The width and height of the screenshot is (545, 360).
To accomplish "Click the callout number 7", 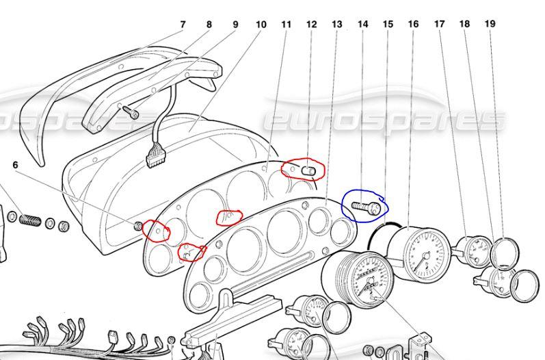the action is click(x=183, y=25).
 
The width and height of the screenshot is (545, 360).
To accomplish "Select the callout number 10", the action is click(x=261, y=25).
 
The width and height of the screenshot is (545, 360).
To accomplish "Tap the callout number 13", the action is click(x=337, y=25).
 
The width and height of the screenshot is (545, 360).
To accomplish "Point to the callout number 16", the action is click(x=413, y=24).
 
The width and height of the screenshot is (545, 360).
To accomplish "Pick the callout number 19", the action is click(x=490, y=24).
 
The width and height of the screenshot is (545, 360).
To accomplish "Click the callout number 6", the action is click(x=15, y=165).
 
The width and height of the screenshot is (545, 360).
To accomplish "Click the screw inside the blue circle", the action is click(x=366, y=207).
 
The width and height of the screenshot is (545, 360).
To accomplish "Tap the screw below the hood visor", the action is click(x=130, y=112).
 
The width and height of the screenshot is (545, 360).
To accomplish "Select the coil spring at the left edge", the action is click(x=29, y=220).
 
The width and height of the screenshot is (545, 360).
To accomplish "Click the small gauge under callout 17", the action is click(x=475, y=251).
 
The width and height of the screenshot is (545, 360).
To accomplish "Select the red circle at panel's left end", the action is click(x=157, y=231).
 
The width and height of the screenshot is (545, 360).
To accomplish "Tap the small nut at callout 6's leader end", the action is click(x=138, y=226).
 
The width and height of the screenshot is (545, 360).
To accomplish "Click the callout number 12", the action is click(x=312, y=25).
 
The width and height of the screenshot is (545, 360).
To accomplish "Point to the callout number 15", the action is click(x=388, y=24).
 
